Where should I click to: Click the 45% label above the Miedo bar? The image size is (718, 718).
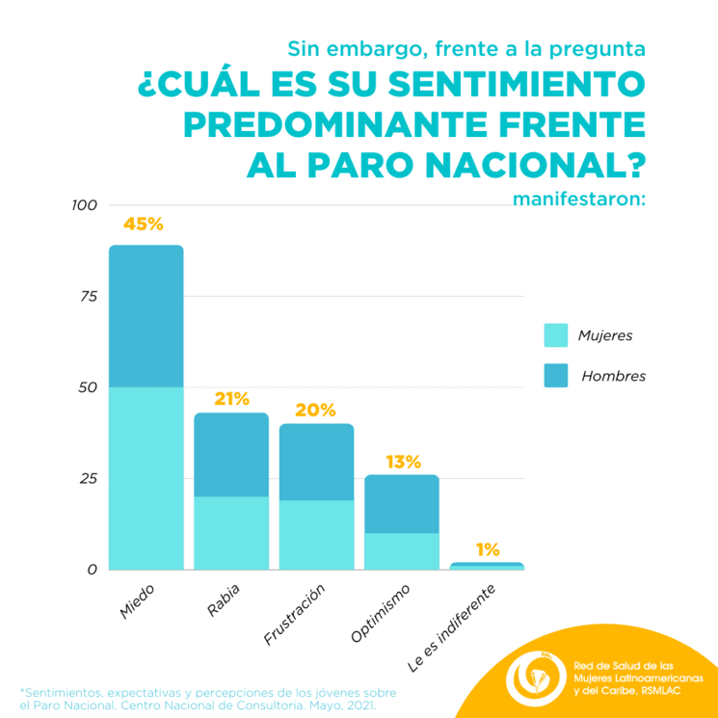click(x=144, y=224)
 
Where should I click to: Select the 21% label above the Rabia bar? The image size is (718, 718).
click(x=231, y=398)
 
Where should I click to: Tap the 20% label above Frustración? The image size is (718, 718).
click(x=315, y=410)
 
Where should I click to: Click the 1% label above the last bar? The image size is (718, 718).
click(x=488, y=549)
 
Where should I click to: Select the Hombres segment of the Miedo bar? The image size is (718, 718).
click(x=146, y=316)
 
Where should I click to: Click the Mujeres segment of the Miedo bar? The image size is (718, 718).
click(x=146, y=477)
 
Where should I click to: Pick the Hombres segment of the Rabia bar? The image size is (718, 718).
click(x=231, y=455)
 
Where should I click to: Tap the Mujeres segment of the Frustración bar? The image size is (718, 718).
click(x=316, y=535)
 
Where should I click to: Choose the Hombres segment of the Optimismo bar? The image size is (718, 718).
click(x=402, y=504)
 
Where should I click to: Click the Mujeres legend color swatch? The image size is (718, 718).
click(x=557, y=335)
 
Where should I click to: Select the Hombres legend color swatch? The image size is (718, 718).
click(x=557, y=376)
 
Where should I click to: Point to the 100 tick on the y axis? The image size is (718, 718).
click(x=85, y=205)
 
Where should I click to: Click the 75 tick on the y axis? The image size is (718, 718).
click(x=87, y=297)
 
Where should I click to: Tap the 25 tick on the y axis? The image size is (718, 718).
click(x=87, y=479)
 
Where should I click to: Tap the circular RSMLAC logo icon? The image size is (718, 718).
click(x=536, y=678)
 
